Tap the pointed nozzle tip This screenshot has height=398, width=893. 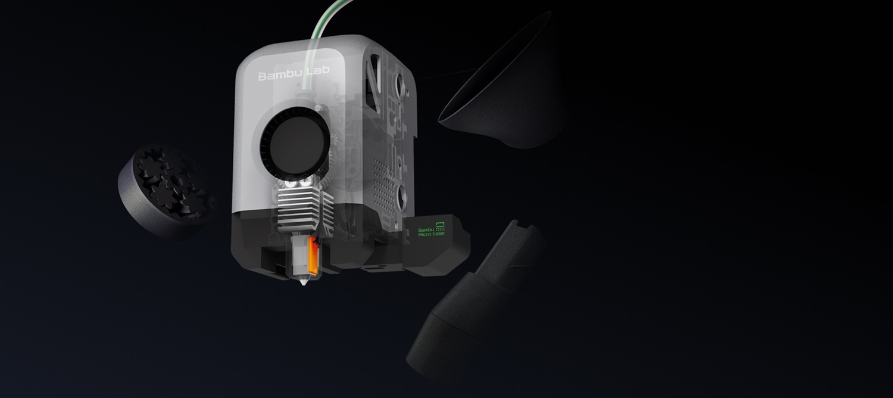tap(304, 282)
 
